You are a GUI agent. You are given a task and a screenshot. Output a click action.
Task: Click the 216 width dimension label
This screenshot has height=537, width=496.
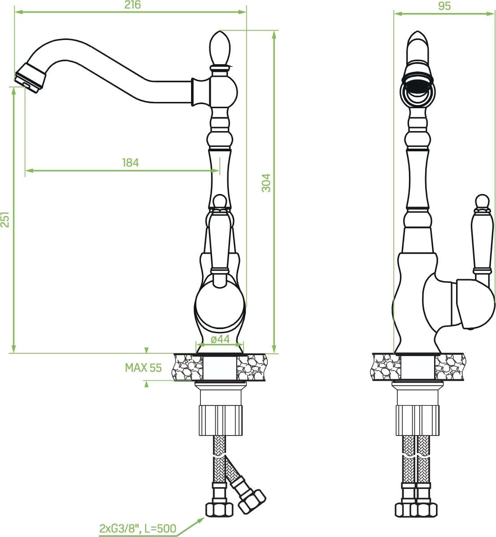(x=132, y=5)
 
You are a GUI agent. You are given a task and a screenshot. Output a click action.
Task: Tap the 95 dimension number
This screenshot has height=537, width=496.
(x=444, y=5)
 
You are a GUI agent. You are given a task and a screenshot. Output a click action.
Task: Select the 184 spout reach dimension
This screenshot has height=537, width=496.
(x=131, y=163)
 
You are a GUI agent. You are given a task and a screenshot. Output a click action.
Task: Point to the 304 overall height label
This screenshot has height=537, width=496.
(x=266, y=183)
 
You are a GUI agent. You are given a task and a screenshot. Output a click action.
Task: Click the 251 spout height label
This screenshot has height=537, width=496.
(x=5, y=219)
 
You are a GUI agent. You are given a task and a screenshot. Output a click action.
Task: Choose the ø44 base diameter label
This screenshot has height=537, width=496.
(x=220, y=339)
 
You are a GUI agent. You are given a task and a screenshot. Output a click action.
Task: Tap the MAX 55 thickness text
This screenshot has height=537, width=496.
(x=143, y=367)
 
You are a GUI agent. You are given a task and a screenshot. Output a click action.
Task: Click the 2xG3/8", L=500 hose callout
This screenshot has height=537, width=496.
(x=138, y=528)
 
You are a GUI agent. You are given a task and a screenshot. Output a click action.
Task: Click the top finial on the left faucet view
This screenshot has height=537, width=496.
(x=219, y=48)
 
